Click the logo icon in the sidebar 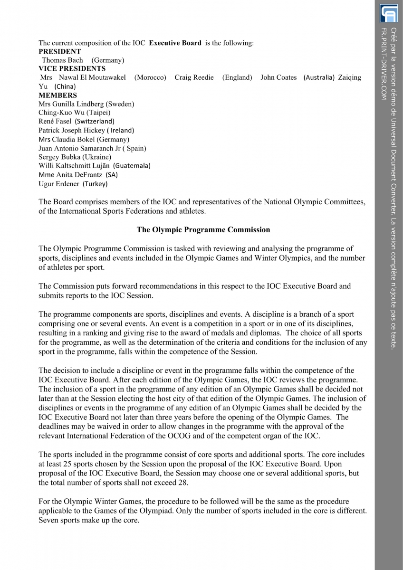388,13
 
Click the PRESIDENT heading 60,51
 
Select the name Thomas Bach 62,60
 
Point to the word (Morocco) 150,77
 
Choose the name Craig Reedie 194,77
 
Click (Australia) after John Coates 319,77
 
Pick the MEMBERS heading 58,95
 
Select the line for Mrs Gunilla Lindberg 86,104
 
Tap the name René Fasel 55,121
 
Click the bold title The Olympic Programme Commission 203,230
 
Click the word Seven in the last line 48,520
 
